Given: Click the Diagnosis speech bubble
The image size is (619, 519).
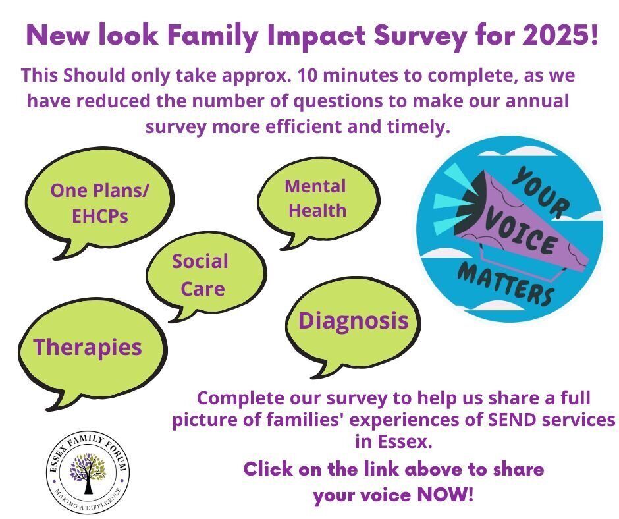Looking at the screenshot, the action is (352, 326).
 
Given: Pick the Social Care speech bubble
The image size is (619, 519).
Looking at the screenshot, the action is (205, 276).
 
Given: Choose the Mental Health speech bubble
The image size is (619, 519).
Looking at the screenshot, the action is (318, 202).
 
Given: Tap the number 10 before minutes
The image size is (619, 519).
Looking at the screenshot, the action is (308, 76).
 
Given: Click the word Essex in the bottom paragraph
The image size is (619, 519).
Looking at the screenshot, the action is (404, 441).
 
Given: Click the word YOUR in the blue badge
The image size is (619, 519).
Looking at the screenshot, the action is (540, 192).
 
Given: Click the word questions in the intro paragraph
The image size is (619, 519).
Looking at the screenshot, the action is (338, 101).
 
